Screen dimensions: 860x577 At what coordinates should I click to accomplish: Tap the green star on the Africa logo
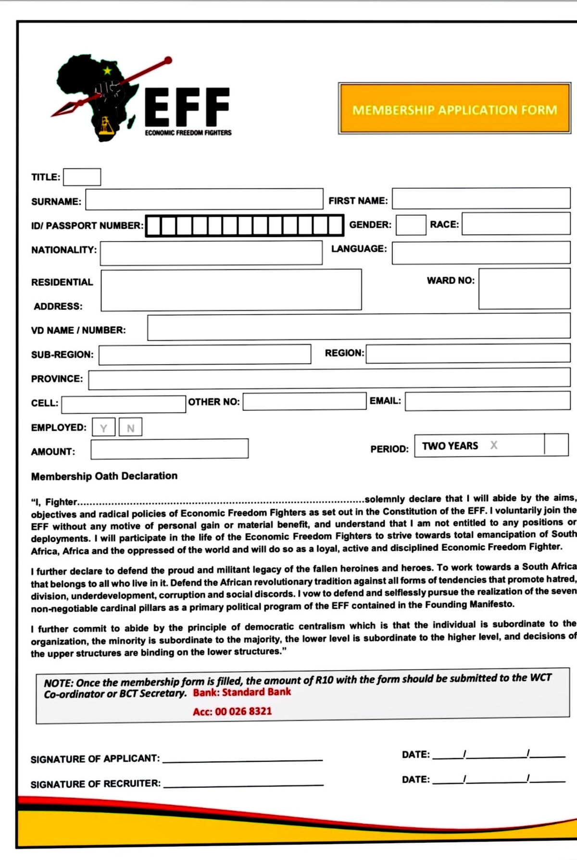click(x=107, y=71)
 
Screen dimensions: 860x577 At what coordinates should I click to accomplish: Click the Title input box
click(x=82, y=177)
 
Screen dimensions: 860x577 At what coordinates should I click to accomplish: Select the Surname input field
click(x=204, y=199)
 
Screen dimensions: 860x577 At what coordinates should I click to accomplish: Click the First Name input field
click(x=481, y=198)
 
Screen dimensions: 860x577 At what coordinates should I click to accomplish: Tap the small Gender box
click(x=411, y=225)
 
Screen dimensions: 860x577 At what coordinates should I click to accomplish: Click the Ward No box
click(x=524, y=289)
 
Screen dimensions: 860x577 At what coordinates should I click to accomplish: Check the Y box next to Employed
click(x=103, y=427)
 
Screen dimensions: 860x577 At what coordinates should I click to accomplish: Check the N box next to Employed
click(x=130, y=427)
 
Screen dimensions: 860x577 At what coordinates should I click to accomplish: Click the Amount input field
click(x=169, y=449)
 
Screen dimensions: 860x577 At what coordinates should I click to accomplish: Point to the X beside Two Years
click(x=494, y=445)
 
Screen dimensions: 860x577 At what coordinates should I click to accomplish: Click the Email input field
click(x=487, y=401)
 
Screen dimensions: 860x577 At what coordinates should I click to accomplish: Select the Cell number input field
click(x=124, y=404)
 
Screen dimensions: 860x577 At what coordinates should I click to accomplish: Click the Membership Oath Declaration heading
click(x=104, y=476)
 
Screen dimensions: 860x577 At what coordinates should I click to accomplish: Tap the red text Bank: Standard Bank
click(x=242, y=692)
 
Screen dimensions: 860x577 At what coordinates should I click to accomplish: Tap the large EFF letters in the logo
click(x=188, y=107)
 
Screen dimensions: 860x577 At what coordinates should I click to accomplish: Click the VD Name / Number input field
click(x=358, y=328)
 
